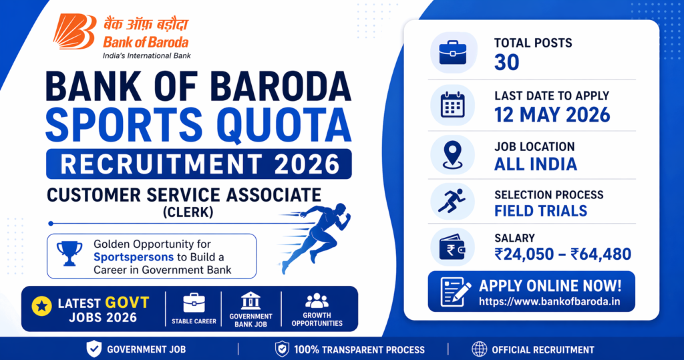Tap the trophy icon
[69, 254]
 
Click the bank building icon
[250, 300]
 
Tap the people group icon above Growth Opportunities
[317, 301]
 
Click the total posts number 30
[506, 62]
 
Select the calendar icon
[452, 105]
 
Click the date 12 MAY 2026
[552, 114]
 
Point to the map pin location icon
[452, 153]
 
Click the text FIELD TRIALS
[540, 211]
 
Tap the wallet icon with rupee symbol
[452, 247]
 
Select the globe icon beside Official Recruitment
[478, 349]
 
